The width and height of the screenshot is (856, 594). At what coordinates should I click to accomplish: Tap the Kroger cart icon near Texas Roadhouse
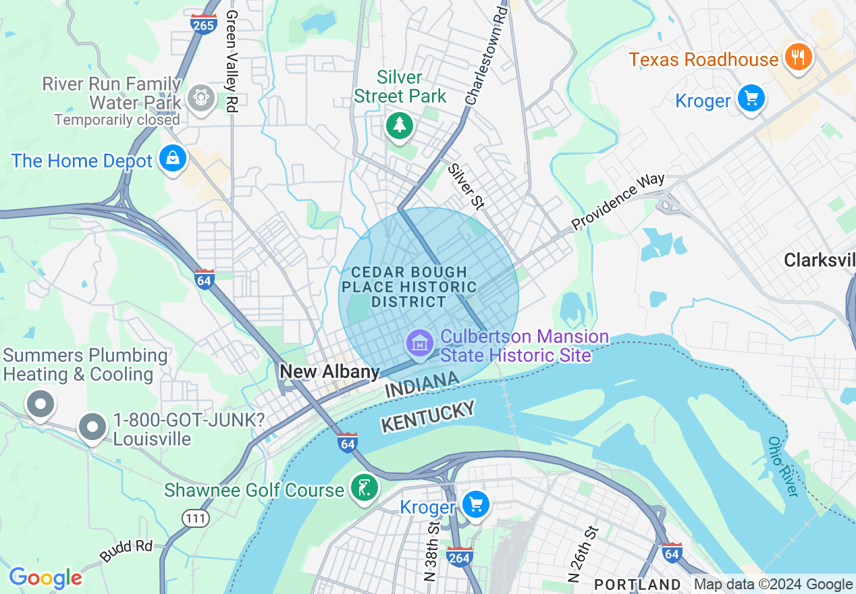tap(751, 99)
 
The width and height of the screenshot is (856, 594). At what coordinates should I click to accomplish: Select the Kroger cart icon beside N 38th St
tap(476, 504)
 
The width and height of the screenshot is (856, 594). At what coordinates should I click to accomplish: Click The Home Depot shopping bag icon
tap(173, 159)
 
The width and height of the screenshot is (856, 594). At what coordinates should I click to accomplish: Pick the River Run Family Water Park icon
tap(200, 99)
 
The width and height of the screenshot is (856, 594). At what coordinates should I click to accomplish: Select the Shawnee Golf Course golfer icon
tap(365, 488)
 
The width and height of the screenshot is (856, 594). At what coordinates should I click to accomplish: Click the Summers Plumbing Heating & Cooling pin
tap(40, 405)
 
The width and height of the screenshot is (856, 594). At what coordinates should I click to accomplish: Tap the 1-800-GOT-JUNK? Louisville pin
tap(92, 428)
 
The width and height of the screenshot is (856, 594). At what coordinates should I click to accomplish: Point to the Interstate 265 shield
tap(203, 24)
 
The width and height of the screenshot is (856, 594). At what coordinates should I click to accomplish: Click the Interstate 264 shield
tap(459, 556)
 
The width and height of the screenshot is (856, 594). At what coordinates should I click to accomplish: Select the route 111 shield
tap(195, 518)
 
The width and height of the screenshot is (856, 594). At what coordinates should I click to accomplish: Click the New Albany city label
tap(329, 372)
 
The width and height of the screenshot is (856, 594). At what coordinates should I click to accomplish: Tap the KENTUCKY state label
tap(428, 416)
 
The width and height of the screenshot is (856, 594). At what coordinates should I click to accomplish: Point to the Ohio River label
tap(784, 466)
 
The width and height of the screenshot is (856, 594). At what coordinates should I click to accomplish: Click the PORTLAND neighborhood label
tap(637, 584)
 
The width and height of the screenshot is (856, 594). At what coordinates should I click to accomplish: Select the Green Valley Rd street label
tap(232, 61)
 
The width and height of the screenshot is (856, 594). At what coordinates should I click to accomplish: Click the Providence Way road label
tap(618, 201)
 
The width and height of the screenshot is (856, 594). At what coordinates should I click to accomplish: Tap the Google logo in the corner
tap(45, 578)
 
